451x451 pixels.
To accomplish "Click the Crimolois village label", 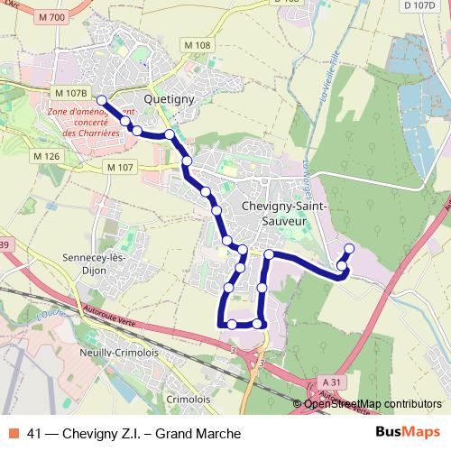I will tap(189, 397).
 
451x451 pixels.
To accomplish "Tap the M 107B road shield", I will tap(69, 93).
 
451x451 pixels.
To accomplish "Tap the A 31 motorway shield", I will tap(332, 382).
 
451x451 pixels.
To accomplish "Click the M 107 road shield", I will tap(119, 167).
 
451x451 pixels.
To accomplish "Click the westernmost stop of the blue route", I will tap(102, 101).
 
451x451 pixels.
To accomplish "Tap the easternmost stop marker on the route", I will tap(349, 248).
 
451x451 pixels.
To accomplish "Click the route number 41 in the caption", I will tap(36, 433).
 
